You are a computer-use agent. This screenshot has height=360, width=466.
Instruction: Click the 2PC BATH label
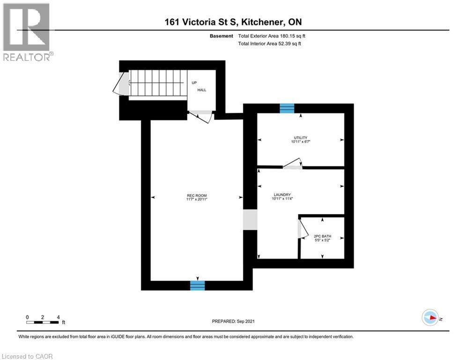[322, 238]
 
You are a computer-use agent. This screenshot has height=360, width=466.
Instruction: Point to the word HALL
[202, 90]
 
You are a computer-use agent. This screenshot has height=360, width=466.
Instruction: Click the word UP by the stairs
[194, 82]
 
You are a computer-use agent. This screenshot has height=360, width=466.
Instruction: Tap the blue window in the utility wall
[287, 108]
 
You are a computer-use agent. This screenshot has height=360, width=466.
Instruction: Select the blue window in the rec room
[197, 285]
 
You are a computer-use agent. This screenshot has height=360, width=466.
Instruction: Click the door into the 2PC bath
[302, 229]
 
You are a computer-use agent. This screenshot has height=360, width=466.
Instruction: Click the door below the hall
[201, 116]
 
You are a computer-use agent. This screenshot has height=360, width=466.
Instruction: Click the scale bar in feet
[43, 322]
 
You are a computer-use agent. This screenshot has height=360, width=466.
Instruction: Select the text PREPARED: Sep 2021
[233, 321]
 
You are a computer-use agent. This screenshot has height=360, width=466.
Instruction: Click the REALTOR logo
[27, 32]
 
